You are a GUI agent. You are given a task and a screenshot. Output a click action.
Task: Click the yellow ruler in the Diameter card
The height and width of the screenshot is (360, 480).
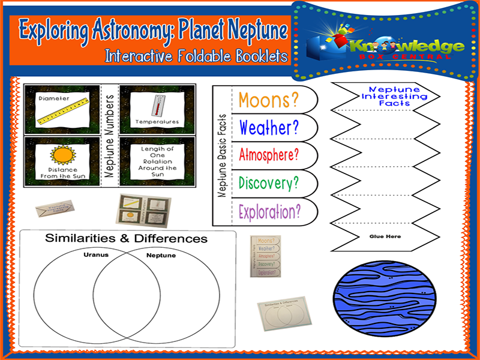pyautogui.click(x=63, y=112)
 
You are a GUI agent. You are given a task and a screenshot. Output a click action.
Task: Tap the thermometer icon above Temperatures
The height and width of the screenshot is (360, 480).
pyautogui.click(x=159, y=106)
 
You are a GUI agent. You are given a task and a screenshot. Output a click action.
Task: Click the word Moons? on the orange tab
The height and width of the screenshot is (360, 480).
pyautogui.click(x=268, y=100)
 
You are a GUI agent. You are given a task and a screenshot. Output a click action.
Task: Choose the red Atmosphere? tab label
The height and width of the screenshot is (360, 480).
pyautogui.click(x=268, y=155)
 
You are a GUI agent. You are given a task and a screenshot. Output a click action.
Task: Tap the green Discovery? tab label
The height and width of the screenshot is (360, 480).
pyautogui.click(x=268, y=182)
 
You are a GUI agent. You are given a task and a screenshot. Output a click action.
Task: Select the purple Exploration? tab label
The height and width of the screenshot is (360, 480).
pyautogui.click(x=268, y=211)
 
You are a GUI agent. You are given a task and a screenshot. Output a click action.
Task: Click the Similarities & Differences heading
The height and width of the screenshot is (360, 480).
pyautogui.click(x=127, y=239)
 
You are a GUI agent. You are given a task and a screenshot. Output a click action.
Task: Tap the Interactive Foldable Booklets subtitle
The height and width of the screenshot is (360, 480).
pyautogui.click(x=196, y=57)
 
